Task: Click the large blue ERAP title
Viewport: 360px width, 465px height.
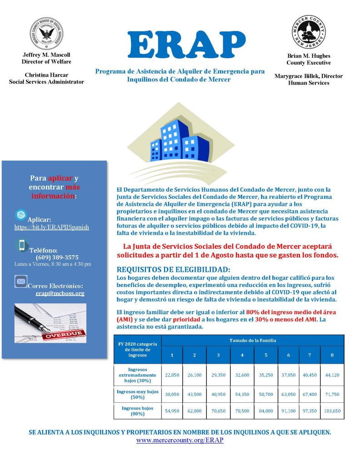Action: [x=180, y=44]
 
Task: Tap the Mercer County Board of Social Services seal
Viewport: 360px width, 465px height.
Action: [x=46, y=34]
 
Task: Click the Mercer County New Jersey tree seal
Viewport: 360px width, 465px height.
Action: [x=308, y=32]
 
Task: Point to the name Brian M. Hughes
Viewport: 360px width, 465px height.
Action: [x=308, y=56]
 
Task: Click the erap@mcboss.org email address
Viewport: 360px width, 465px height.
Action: [x=60, y=293]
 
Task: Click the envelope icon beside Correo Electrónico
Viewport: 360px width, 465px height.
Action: [x=21, y=282]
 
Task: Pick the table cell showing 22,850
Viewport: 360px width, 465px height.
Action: [x=172, y=375]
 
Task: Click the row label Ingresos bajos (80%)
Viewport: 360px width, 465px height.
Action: [x=138, y=411]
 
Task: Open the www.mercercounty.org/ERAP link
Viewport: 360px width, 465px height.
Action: [x=180, y=440]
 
